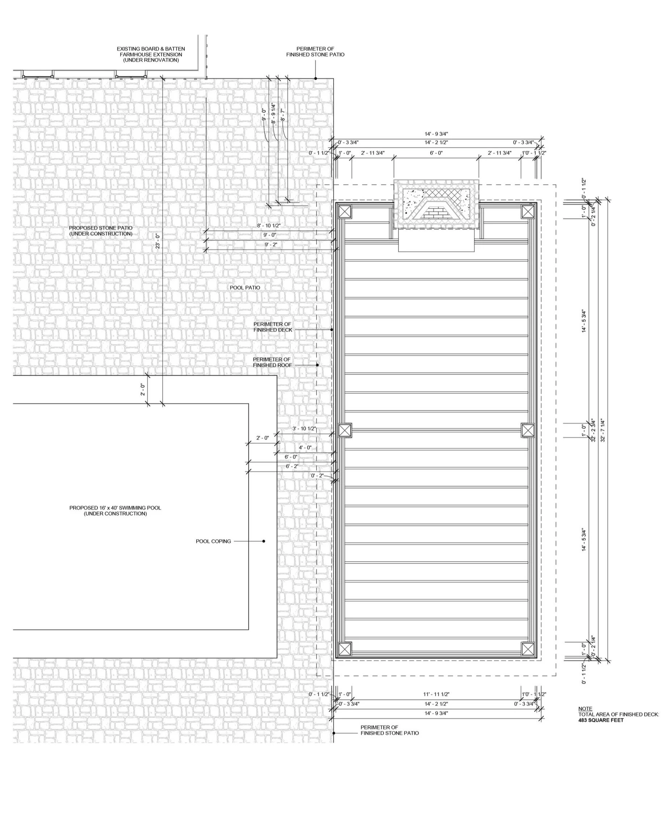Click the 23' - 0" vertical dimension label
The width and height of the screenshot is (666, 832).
[158, 241]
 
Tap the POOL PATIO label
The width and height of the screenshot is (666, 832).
[245, 287]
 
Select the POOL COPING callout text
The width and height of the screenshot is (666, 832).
[213, 541]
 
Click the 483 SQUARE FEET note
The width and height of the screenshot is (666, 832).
[601, 720]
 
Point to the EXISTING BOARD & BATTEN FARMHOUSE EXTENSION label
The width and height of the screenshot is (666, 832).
[151, 54]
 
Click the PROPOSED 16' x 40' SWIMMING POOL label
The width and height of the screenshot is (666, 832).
[115, 511]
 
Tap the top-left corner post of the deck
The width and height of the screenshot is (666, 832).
[345, 211]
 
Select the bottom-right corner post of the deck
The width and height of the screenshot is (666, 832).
[528, 649]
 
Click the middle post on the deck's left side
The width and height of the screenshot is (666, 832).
[345, 430]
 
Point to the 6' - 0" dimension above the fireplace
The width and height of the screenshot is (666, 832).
[436, 153]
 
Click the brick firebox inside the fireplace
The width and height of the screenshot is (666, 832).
[432, 211]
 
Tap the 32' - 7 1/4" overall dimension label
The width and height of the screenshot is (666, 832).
[603, 430]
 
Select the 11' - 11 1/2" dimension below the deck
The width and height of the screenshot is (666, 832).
[436, 694]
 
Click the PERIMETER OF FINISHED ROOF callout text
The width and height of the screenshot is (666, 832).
[272, 362]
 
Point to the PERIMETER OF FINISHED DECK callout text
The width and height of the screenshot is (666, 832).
[273, 327]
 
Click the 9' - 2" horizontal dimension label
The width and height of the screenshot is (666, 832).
[271, 244]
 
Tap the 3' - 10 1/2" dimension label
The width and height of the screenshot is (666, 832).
[304, 429]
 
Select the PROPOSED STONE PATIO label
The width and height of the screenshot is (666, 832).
[101, 231]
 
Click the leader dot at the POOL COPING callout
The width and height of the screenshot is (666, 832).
[264, 541]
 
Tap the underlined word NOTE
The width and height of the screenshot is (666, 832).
[585, 709]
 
